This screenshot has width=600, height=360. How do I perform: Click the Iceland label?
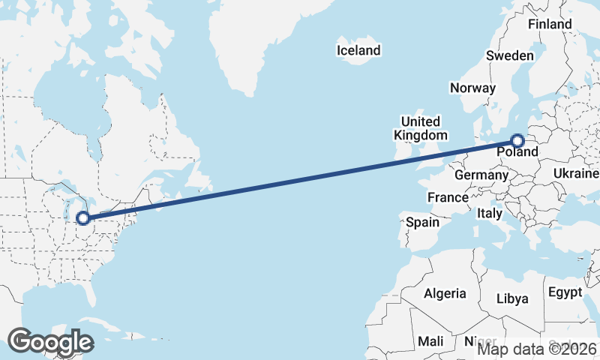358,51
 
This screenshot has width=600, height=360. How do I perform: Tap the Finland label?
550,24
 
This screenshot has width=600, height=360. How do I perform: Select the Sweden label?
510,55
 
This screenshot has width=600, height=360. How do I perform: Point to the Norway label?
472,88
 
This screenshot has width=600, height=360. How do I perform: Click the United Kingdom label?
420,128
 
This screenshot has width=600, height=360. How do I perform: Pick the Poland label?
517,152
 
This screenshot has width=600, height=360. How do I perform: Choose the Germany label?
481,175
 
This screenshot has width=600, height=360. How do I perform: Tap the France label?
448,197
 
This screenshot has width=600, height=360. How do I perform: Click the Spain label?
422,222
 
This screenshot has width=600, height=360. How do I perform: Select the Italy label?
490,214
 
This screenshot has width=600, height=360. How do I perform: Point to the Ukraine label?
576,173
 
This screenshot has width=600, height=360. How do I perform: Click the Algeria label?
445,293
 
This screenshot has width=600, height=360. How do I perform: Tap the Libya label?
512,298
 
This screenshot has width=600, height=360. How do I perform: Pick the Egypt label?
565,292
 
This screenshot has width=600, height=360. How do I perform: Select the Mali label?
430,341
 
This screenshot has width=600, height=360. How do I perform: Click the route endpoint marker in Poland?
517,139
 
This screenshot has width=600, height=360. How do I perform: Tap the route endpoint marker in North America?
83,218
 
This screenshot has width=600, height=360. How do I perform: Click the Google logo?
51,341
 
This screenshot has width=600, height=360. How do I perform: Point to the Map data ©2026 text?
537,348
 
